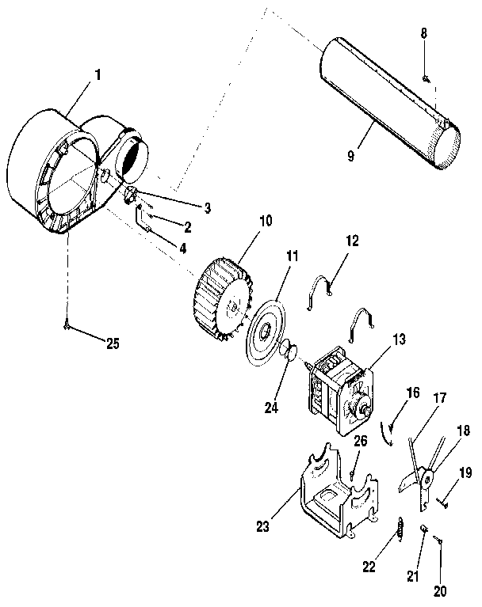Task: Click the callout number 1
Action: click(98, 75)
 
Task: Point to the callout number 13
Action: click(397, 340)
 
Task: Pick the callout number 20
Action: click(440, 590)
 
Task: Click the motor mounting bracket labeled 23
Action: click(327, 495)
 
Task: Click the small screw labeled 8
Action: click(425, 78)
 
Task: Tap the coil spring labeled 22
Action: click(400, 529)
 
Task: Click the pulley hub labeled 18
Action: click(427, 478)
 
